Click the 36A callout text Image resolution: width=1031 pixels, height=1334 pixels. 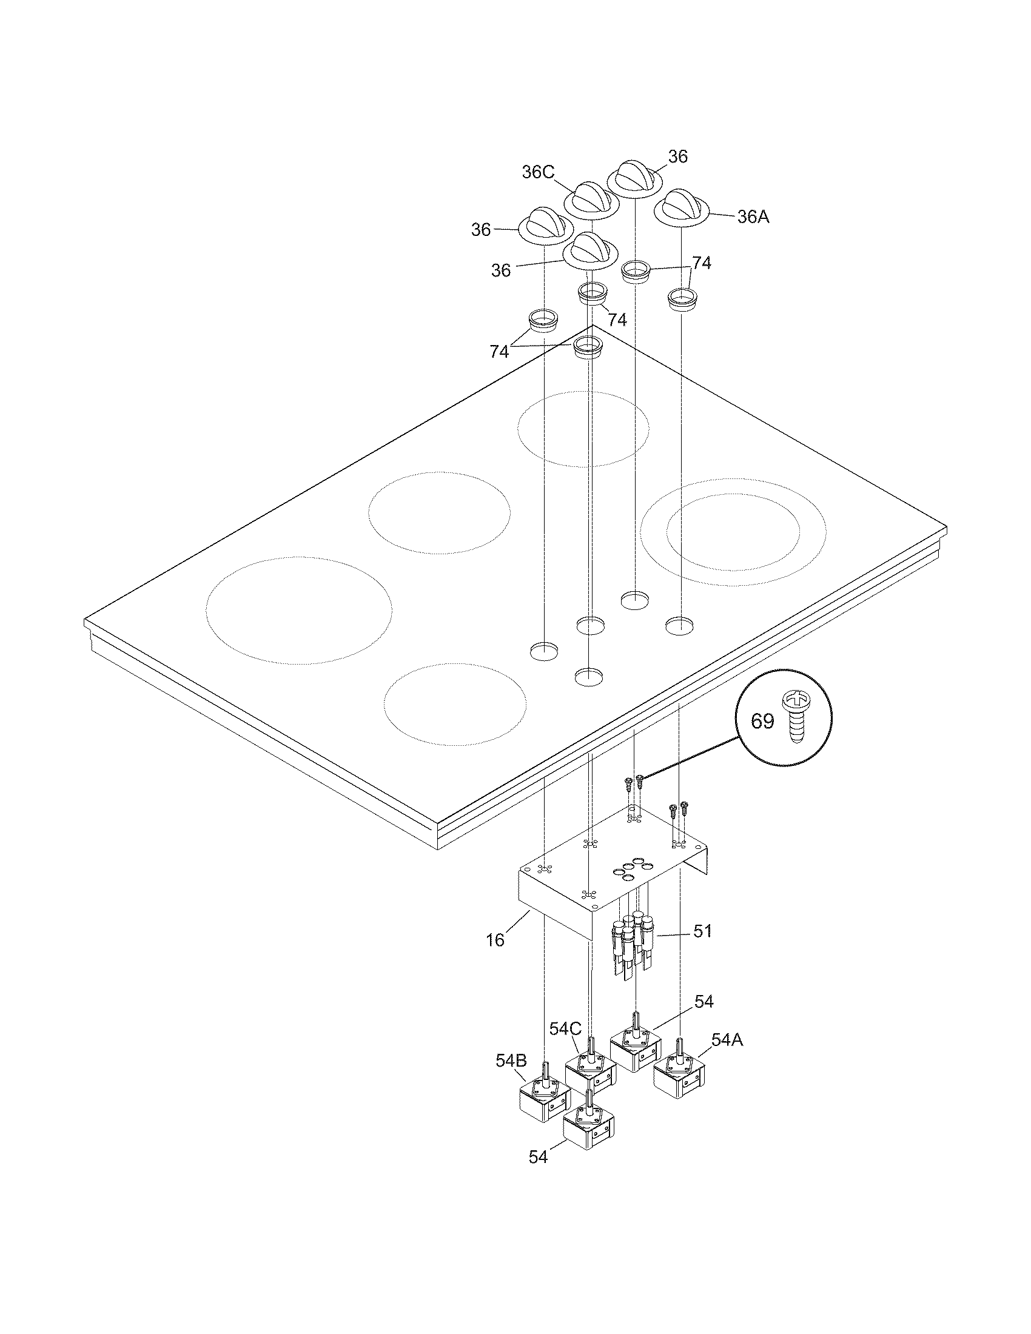(753, 216)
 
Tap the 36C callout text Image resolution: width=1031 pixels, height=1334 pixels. (538, 173)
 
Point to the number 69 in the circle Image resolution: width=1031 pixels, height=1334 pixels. (762, 722)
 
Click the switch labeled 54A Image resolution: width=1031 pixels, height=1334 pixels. (679, 1077)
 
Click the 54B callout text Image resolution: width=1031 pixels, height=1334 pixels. (511, 1061)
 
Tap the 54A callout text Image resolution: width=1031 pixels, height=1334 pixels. (727, 1040)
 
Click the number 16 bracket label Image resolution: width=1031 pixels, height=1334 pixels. (495, 940)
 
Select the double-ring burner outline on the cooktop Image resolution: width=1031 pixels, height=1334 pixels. (733, 531)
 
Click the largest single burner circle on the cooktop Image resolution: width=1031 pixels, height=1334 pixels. (298, 609)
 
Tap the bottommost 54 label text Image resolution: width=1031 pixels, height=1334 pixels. (538, 1175)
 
